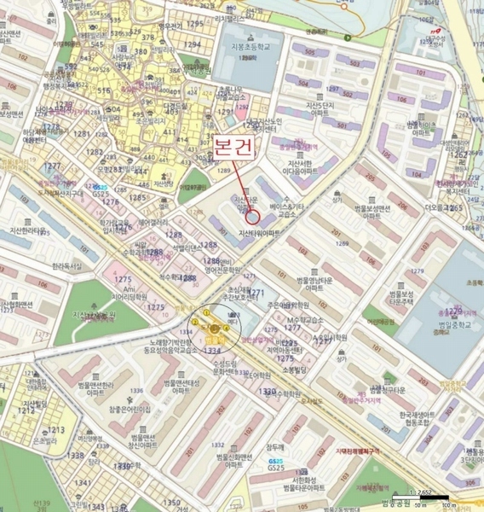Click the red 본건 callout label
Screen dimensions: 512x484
tap(233, 145)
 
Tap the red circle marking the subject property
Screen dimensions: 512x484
tap(252, 218)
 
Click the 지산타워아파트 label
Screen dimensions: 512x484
tap(260, 232)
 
